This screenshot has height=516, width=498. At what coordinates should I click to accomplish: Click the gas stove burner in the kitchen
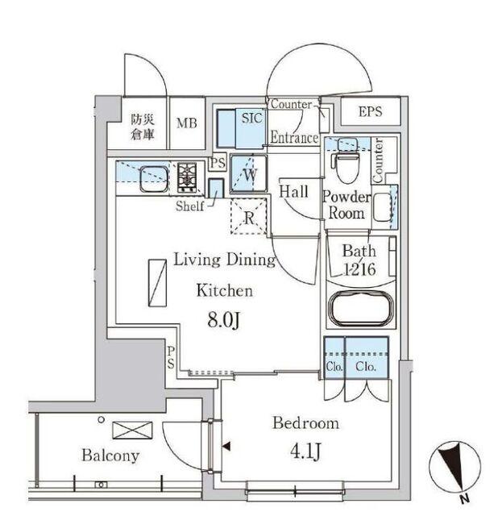(x=188, y=177)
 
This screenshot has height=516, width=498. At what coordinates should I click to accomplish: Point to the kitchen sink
(x=151, y=176)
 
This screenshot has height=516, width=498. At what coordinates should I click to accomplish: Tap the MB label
(x=187, y=123)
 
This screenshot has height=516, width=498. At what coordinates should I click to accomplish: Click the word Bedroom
(x=305, y=423)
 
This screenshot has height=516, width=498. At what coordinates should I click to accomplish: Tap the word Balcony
(x=110, y=456)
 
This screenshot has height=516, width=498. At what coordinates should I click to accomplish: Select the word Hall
(x=293, y=192)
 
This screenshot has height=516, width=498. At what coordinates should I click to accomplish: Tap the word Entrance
(x=293, y=138)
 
